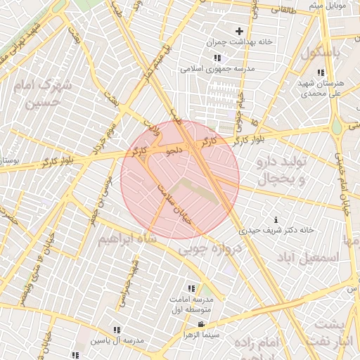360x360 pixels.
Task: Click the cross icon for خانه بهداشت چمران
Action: click(240, 31)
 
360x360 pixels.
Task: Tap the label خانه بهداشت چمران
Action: click(240, 42)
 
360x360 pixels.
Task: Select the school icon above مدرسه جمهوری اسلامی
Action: click(217, 58)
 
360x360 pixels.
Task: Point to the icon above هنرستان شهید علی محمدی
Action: click(321, 72)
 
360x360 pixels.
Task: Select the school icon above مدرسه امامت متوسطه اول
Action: click(191, 288)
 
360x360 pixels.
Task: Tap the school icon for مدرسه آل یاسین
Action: click(117, 330)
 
